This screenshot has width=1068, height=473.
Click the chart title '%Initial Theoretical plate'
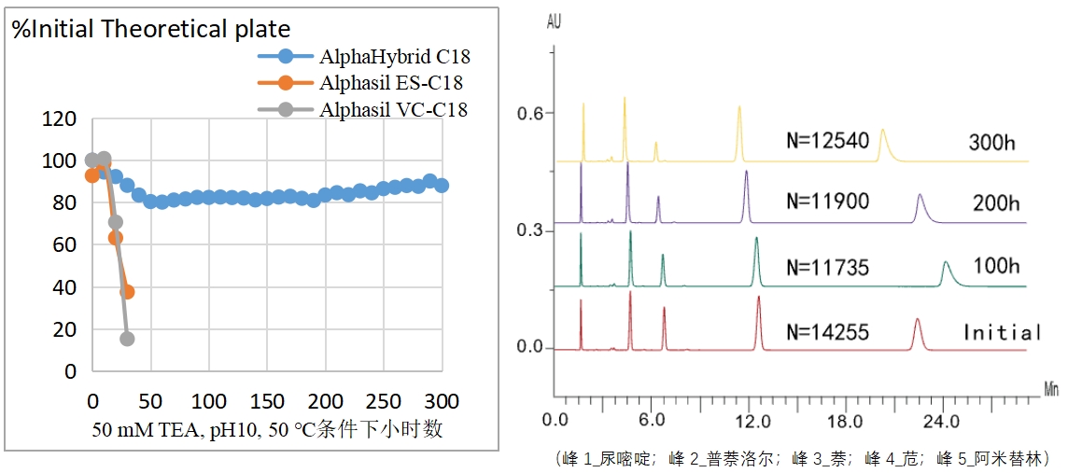pos(150,29)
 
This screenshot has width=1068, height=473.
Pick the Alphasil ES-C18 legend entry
pos(391,83)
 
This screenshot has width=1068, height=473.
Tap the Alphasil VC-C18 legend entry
pos(393,109)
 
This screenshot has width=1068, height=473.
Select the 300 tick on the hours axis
pos(441,401)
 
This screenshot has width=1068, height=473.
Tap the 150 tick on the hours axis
pos(266,401)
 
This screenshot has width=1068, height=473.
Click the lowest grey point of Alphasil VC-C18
pos(127,339)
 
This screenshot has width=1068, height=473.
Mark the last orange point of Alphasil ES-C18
pos(127,292)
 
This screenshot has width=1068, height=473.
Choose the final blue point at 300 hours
pos(442,185)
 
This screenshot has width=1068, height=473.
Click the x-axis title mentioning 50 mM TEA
pos(267,430)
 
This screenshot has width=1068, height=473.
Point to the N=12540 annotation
pos(828,141)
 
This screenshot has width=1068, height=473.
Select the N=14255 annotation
pos(828,331)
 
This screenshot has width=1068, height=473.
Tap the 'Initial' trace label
pos(1002,332)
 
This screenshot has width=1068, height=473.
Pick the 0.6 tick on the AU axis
pos(530,113)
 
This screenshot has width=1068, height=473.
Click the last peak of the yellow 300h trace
pos(882,132)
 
